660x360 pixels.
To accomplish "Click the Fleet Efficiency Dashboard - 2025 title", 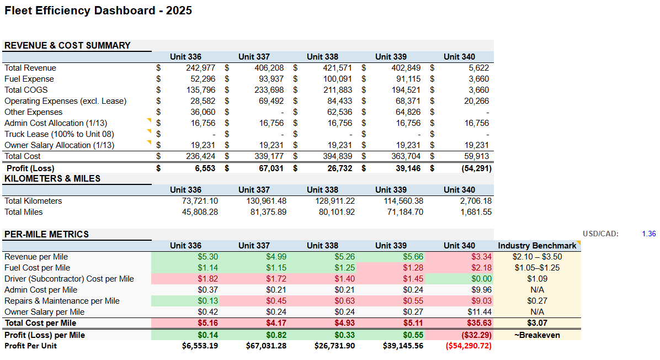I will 98,10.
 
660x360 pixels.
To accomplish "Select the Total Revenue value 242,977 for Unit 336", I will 200,68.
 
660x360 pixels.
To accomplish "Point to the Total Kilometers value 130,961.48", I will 266,201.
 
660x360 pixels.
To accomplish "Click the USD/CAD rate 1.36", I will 648,234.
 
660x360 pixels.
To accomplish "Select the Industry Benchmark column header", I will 536,246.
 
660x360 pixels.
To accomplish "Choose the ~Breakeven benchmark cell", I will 536,335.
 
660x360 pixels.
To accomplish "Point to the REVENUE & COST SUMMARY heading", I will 67,46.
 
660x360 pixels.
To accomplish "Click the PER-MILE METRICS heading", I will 46,234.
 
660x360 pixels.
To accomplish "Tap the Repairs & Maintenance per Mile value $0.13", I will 207,301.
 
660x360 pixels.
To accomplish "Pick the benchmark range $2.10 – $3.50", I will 536,257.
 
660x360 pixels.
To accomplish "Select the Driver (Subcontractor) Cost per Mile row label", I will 69,279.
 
